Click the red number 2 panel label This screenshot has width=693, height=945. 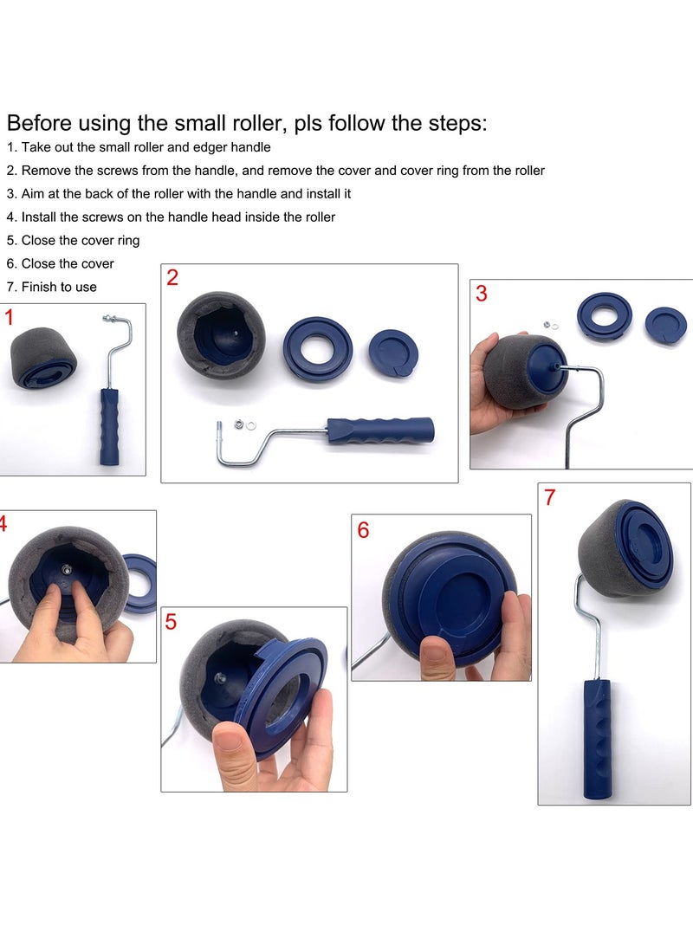tap(172, 278)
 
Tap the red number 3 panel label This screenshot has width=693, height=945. tap(481, 294)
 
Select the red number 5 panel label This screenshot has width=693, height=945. tap(171, 621)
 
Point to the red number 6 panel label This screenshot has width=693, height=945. tap(363, 529)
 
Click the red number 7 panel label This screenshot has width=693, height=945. tap(549, 497)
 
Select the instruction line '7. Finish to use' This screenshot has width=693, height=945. tap(51, 287)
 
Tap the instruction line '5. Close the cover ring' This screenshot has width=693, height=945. tap(73, 240)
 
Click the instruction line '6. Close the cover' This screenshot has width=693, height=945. tap(60, 263)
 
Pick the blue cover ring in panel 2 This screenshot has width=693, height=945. tap(318, 349)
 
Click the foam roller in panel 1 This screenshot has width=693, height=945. tap(42, 358)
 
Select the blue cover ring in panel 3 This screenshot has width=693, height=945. tap(605, 315)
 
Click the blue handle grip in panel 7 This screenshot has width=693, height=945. tap(596, 737)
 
